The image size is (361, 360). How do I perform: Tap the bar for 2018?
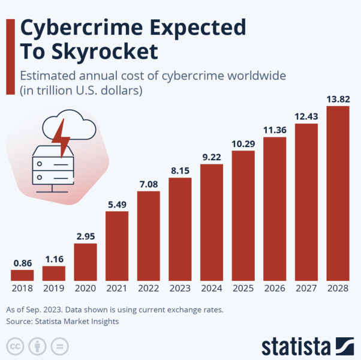point(22,275)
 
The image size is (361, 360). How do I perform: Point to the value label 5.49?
point(117,205)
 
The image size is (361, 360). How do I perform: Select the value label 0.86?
point(22,263)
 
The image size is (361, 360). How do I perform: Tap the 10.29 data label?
point(243,144)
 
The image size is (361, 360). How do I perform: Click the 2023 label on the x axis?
point(180,289)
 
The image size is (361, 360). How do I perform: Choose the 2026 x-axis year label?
point(275,289)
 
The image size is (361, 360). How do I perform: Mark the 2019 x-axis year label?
point(53,289)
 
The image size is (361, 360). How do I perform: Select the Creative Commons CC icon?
point(16,347)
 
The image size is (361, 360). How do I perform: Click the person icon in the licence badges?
point(37,347)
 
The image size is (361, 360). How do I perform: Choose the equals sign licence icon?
point(59,347)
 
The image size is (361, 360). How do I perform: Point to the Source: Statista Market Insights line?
point(62,322)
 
